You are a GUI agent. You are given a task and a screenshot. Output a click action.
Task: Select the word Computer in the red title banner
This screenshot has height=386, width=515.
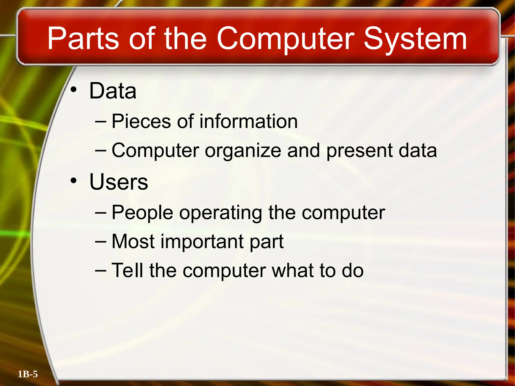(x=285, y=39)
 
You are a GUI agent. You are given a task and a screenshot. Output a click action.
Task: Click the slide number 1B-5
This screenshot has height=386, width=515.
(x=28, y=374)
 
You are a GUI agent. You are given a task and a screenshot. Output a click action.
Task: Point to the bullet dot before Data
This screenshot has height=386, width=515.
(x=73, y=89)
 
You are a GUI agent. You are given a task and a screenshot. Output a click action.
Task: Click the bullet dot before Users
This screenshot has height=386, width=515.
(x=73, y=180)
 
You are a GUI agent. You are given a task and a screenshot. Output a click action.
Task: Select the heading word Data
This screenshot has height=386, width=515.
(x=113, y=91)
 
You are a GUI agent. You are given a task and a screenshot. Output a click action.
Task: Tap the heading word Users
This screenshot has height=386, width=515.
(x=118, y=182)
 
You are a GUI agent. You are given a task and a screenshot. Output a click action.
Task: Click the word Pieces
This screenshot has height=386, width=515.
(x=141, y=121)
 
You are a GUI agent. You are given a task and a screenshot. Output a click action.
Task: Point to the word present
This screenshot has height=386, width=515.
(x=360, y=151)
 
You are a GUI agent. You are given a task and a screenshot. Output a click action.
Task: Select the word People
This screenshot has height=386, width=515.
(x=142, y=213)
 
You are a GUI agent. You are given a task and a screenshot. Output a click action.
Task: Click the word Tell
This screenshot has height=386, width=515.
(x=127, y=270)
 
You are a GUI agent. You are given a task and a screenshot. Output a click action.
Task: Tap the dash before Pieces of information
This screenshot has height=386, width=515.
(x=101, y=121)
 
